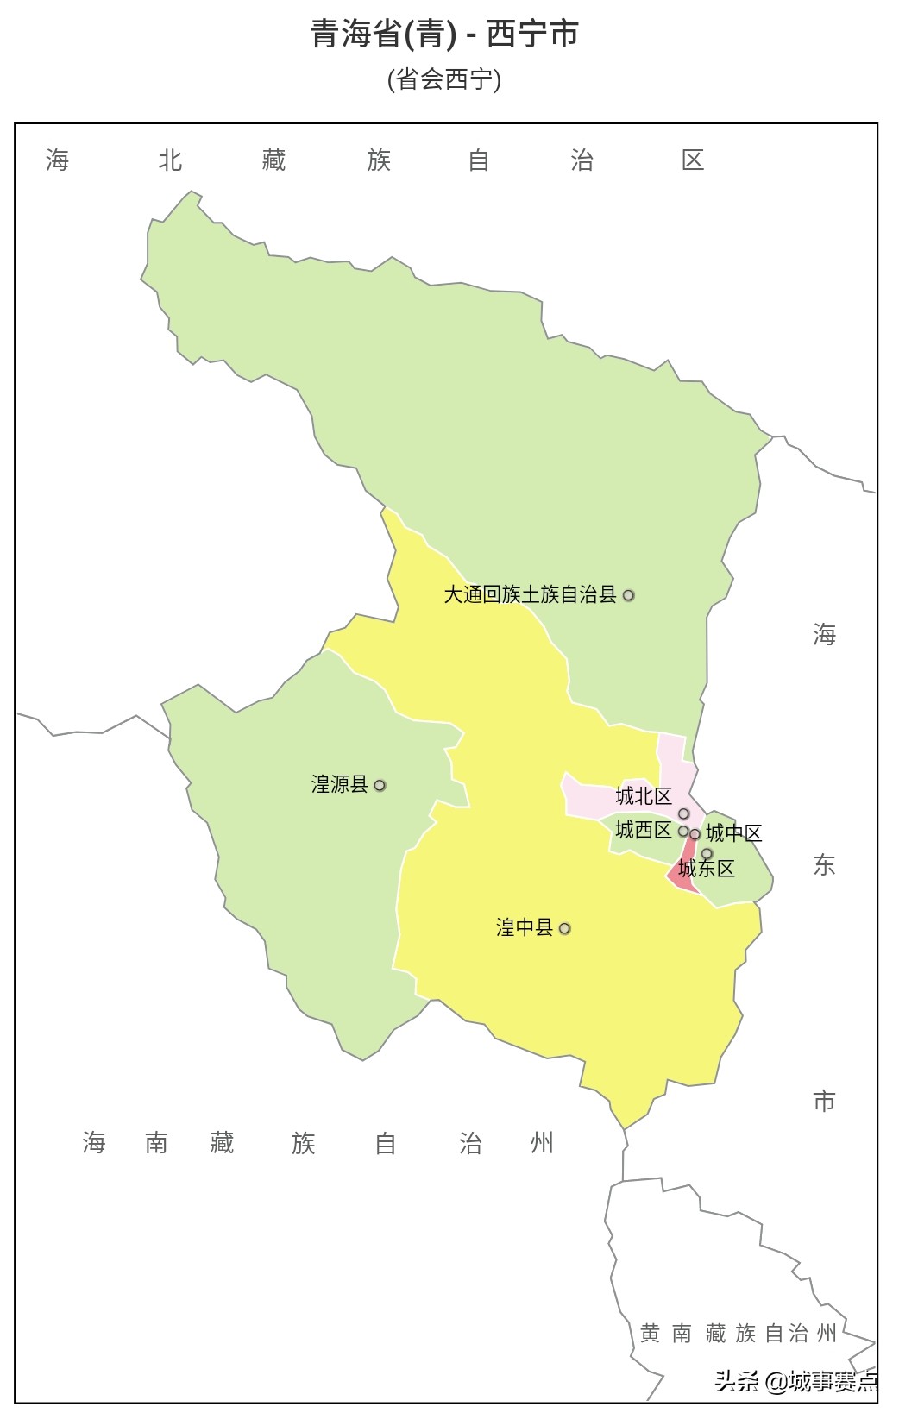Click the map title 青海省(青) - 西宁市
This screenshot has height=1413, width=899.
pos(444,35)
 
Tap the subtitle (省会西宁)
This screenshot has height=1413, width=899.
pos(444,79)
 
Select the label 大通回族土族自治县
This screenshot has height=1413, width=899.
pos(530,594)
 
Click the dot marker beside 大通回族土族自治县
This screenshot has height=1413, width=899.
pos(629,595)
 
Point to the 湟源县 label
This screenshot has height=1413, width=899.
pos(339,784)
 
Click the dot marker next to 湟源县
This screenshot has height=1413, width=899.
pos(380,785)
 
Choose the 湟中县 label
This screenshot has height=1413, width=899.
pos(524,927)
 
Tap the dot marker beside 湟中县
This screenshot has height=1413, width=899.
pos(565,929)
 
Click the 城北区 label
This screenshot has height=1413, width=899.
pos(643,795)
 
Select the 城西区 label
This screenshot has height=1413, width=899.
pos(643,830)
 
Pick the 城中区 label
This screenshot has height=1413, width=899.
pos(733,832)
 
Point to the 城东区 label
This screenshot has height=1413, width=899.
pos(706,869)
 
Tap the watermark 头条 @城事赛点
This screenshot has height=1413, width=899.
pos(795,1382)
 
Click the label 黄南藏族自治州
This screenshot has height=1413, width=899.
pos(738,1334)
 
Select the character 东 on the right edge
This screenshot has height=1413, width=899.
pos(824,865)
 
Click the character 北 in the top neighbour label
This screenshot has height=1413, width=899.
pos(170,160)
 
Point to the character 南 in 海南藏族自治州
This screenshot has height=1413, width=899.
pos(156,1143)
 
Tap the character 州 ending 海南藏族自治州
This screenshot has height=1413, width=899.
pos(542,1143)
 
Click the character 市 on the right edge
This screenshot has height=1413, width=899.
pos(824,1101)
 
